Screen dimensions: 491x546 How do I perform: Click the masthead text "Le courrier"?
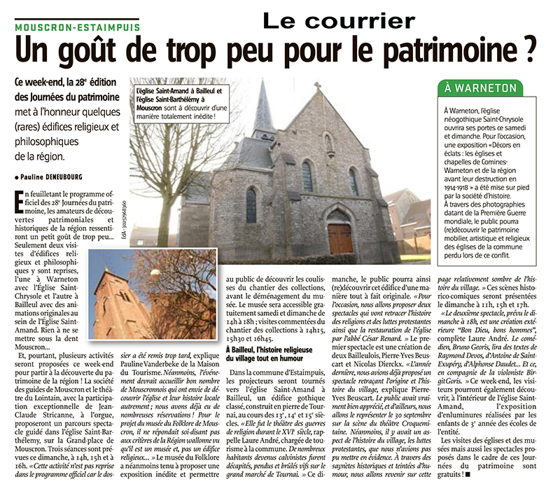pyautogui.click(x=338, y=20)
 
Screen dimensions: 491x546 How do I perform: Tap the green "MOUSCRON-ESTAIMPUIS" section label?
pyautogui.click(x=77, y=27)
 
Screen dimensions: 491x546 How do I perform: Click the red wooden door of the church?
pyautogui.click(x=340, y=238)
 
